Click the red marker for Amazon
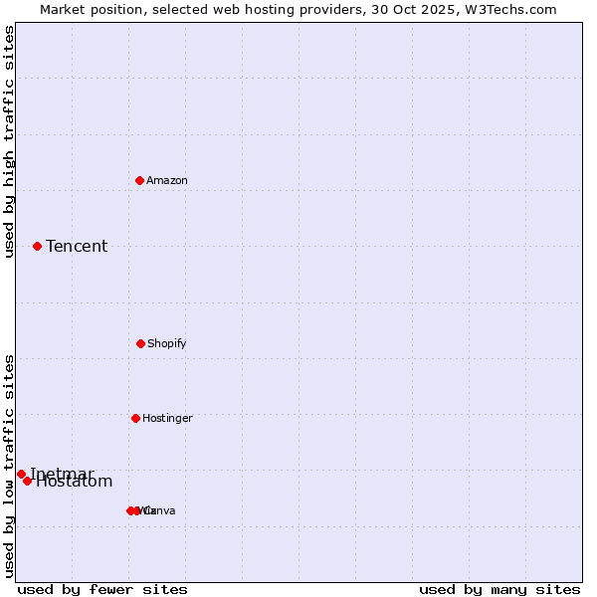(x=140, y=180)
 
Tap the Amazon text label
(x=167, y=180)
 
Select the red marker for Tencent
(x=37, y=246)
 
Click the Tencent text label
(x=77, y=247)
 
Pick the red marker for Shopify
(x=140, y=343)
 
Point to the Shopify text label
(x=167, y=344)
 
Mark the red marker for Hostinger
(x=135, y=418)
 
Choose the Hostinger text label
(x=167, y=419)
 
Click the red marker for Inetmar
(x=21, y=474)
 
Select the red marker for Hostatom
(x=27, y=481)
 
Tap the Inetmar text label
(x=62, y=473)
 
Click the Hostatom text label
(x=76, y=483)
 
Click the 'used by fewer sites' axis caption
(x=102, y=589)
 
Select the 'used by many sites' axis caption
(x=499, y=589)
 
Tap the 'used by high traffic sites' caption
(x=10, y=141)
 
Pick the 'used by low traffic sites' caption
(x=10, y=466)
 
